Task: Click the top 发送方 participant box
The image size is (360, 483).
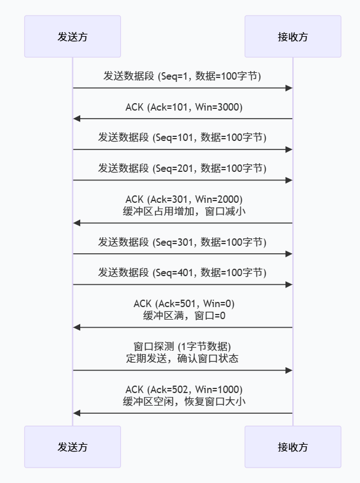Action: (x=72, y=37)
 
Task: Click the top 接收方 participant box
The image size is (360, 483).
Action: (x=292, y=37)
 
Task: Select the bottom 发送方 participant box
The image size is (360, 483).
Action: (x=72, y=446)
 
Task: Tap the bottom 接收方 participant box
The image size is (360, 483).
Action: (x=292, y=446)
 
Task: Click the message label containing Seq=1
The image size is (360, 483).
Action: (x=182, y=76)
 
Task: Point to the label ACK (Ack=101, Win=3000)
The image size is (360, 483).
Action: (x=182, y=107)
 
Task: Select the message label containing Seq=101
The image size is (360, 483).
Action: (x=182, y=138)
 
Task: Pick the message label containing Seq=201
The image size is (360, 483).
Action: (x=182, y=168)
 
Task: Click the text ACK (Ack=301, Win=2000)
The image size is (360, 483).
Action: (x=182, y=199)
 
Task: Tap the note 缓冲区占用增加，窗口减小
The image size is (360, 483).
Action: (x=182, y=211)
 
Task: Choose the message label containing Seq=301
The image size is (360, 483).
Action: (x=182, y=242)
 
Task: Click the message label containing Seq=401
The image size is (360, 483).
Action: (x=182, y=273)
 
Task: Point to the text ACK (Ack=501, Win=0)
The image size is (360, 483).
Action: (x=182, y=304)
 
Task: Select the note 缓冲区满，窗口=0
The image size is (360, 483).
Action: (x=182, y=315)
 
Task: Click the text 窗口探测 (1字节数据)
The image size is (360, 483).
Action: (x=182, y=347)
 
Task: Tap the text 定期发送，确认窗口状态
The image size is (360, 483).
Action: (x=182, y=358)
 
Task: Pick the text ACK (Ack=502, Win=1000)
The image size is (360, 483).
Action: (x=182, y=390)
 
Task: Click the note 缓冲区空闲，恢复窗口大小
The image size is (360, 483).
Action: (x=182, y=401)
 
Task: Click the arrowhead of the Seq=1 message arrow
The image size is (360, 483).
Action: (x=289, y=88)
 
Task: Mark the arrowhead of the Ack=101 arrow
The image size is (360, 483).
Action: (x=77, y=119)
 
